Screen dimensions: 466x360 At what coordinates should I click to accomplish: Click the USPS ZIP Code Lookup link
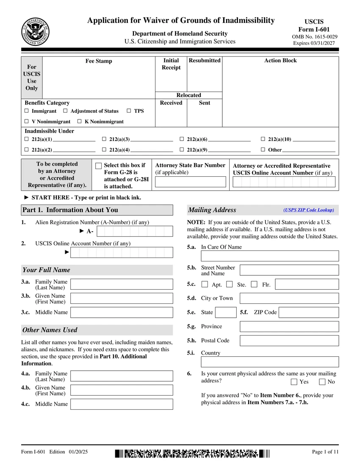309,210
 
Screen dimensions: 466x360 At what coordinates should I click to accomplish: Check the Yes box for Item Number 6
294,382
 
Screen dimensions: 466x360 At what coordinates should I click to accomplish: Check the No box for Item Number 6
322,382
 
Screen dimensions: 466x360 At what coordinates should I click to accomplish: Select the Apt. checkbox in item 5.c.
205,284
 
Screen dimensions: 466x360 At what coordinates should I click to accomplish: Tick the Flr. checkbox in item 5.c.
254,284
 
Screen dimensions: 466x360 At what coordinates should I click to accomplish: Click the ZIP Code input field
309,313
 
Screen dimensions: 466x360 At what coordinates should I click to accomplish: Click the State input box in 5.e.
226,313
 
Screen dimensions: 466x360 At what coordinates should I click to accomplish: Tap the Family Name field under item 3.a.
122,284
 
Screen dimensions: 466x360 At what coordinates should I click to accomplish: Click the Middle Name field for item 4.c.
122,404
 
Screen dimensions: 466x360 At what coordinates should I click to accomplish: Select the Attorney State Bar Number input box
191,182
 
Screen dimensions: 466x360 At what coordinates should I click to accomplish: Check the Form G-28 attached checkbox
99,166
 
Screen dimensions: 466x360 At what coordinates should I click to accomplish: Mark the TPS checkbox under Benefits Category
129,111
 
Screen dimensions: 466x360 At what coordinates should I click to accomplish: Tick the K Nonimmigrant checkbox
79,122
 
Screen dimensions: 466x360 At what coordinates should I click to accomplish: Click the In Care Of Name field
270,256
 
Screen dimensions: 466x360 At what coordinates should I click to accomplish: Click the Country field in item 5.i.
270,362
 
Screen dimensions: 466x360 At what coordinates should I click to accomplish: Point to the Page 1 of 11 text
325,452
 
